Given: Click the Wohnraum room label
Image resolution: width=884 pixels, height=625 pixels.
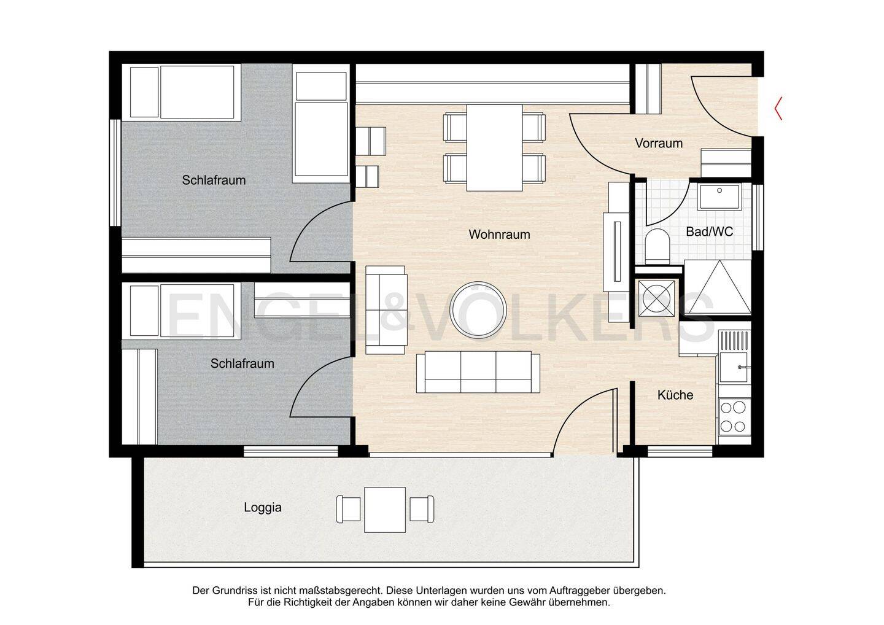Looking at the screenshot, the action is [499, 235].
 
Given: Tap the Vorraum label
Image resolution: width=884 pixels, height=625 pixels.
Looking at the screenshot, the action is [659, 143].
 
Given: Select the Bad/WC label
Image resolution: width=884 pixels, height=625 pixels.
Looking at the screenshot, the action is [710, 231].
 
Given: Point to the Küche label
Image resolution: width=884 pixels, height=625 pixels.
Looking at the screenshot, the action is [675, 395].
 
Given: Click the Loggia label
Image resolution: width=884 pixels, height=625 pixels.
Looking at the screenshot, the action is [263, 507].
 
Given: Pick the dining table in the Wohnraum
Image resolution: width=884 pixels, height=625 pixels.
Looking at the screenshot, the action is [495, 147].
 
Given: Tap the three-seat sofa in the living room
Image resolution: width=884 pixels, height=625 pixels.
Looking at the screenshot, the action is [478, 372].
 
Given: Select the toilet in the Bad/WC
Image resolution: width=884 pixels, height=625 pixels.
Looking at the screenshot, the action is [657, 246].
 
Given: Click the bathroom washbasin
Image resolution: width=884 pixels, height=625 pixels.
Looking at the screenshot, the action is [719, 197].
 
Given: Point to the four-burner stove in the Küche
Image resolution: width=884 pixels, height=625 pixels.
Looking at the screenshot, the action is [734, 416].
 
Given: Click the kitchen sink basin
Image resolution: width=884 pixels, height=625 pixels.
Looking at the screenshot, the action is [734, 367].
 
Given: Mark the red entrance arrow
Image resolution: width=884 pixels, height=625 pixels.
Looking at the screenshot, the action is [778, 108].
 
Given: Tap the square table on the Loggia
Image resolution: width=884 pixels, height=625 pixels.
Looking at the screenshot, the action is [385, 510].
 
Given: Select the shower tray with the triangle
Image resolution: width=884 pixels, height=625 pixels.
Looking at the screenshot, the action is [718, 287].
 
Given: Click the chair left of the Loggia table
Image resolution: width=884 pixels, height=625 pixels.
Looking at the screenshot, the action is [348, 510].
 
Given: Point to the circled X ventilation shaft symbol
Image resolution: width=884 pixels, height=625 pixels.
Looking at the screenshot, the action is [656, 298].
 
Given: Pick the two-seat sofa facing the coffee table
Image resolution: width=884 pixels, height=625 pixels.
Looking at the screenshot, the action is [386, 310].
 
